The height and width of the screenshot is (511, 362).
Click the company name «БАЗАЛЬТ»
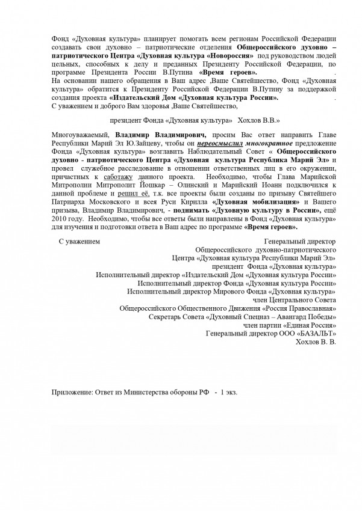tap(314, 333)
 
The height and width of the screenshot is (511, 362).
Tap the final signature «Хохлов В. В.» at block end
tap(317, 341)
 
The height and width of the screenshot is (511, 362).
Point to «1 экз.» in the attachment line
tap(229, 391)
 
